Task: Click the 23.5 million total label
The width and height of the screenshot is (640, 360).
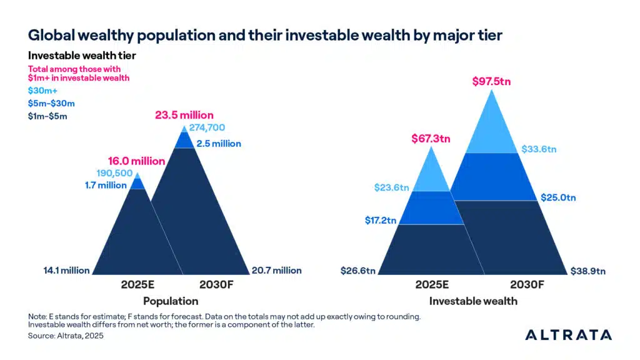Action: pyautogui.click(x=184, y=115)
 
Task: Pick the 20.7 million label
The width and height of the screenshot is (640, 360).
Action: pyautogui.click(x=276, y=271)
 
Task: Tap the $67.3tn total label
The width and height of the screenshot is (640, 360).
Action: pyautogui.click(x=431, y=138)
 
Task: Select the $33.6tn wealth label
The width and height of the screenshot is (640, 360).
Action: pyautogui.click(x=539, y=149)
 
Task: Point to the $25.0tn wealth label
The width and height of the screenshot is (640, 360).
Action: pyautogui.click(x=557, y=197)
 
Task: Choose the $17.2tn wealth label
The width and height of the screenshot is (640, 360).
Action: pyautogui.click(x=379, y=221)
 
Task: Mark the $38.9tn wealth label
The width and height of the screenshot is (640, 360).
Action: pyautogui.click(x=587, y=271)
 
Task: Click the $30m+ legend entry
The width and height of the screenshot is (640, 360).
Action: pyautogui.click(x=41, y=91)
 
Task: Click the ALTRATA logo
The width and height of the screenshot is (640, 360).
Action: pyautogui.click(x=568, y=334)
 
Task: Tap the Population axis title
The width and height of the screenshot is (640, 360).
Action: pyautogui.click(x=166, y=300)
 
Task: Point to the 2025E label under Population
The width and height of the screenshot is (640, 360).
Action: pyautogui.click(x=136, y=285)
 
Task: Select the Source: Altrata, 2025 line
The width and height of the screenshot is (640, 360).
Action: pyautogui.click(x=66, y=336)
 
